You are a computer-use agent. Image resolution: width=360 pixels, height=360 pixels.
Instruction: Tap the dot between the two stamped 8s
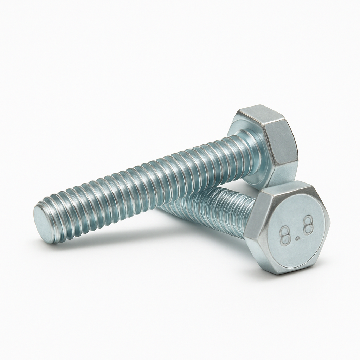[297, 239]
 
